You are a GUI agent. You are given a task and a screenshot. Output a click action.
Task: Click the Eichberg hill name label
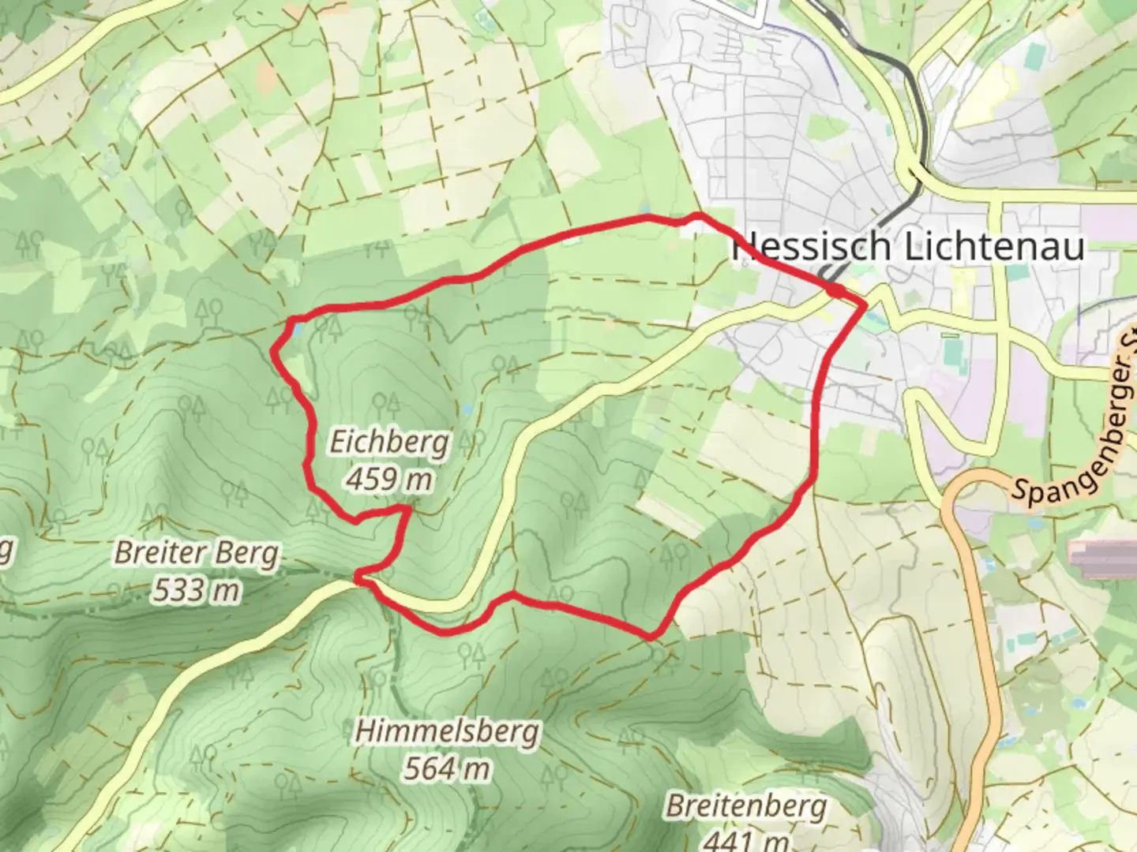tap(388, 443)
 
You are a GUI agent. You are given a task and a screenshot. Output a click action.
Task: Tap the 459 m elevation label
tap(389, 478)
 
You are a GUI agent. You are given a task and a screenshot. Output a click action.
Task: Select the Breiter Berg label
tap(197, 553)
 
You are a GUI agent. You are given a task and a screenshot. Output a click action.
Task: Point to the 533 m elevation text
tap(196, 589)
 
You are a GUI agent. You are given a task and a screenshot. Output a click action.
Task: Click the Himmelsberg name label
tap(447, 731)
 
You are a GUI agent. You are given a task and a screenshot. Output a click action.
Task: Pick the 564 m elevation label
tap(447, 767)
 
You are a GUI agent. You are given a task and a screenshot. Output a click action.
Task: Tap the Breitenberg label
tap(746, 806)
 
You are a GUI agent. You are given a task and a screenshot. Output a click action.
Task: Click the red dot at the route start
tap(836, 293)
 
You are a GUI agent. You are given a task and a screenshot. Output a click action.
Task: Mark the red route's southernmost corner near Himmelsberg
tap(652, 635)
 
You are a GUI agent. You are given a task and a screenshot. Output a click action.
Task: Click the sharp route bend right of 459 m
tap(407, 511)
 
